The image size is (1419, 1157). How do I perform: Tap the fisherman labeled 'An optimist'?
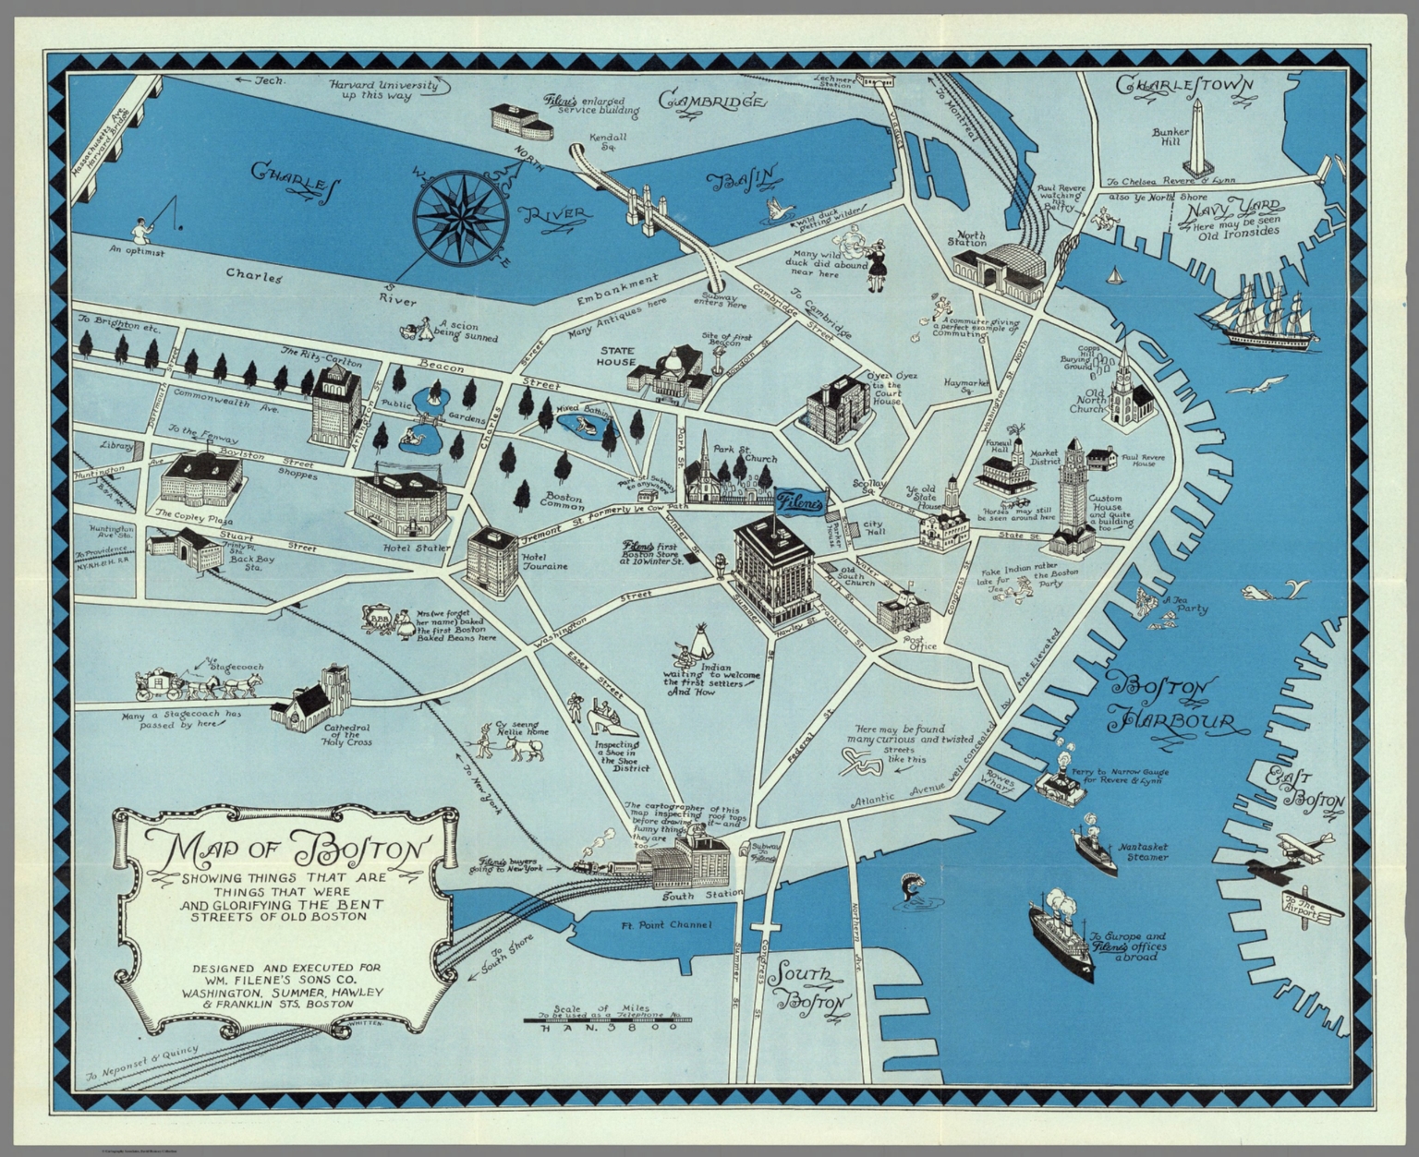click(143, 228)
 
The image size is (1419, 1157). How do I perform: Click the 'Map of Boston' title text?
click(286, 848)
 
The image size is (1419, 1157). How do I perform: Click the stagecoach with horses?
click(199, 683)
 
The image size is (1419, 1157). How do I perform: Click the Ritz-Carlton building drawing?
click(336, 405)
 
